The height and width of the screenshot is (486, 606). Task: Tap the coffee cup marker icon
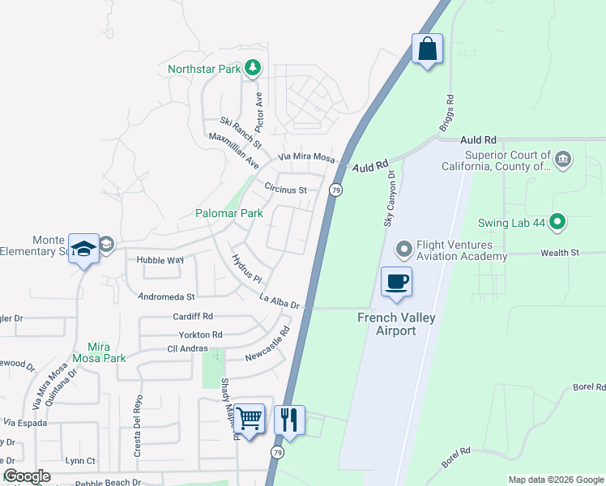[396, 282]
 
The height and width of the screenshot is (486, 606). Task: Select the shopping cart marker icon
[250, 418]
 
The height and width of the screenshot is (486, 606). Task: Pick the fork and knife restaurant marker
[289, 420]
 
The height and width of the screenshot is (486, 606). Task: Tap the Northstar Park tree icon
[253, 68]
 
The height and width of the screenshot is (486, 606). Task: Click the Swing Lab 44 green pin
[557, 220]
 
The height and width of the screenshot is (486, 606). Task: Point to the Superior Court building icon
[564, 159]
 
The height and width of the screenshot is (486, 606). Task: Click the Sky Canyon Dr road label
[389, 197]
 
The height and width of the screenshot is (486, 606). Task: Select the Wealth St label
[560, 253]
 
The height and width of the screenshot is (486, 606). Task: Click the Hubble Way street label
[160, 260]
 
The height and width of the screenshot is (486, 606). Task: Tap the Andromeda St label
[167, 297]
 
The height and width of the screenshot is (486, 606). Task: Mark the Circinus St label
[286, 189]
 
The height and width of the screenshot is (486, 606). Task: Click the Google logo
[27, 476]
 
